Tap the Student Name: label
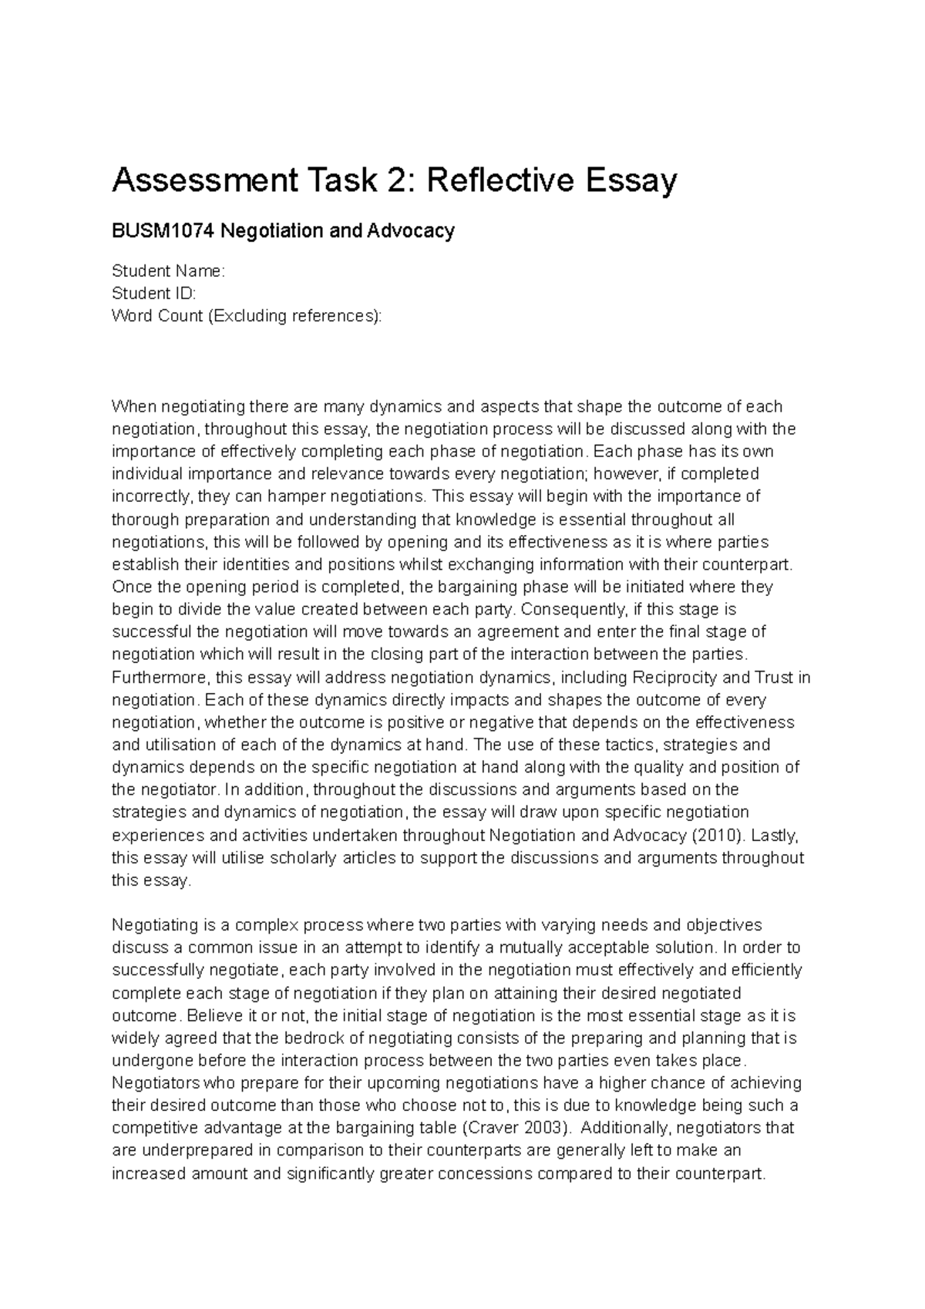[168, 271]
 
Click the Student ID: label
[153, 293]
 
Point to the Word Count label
[156, 315]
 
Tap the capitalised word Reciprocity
[674, 678]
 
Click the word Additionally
[624, 1128]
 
